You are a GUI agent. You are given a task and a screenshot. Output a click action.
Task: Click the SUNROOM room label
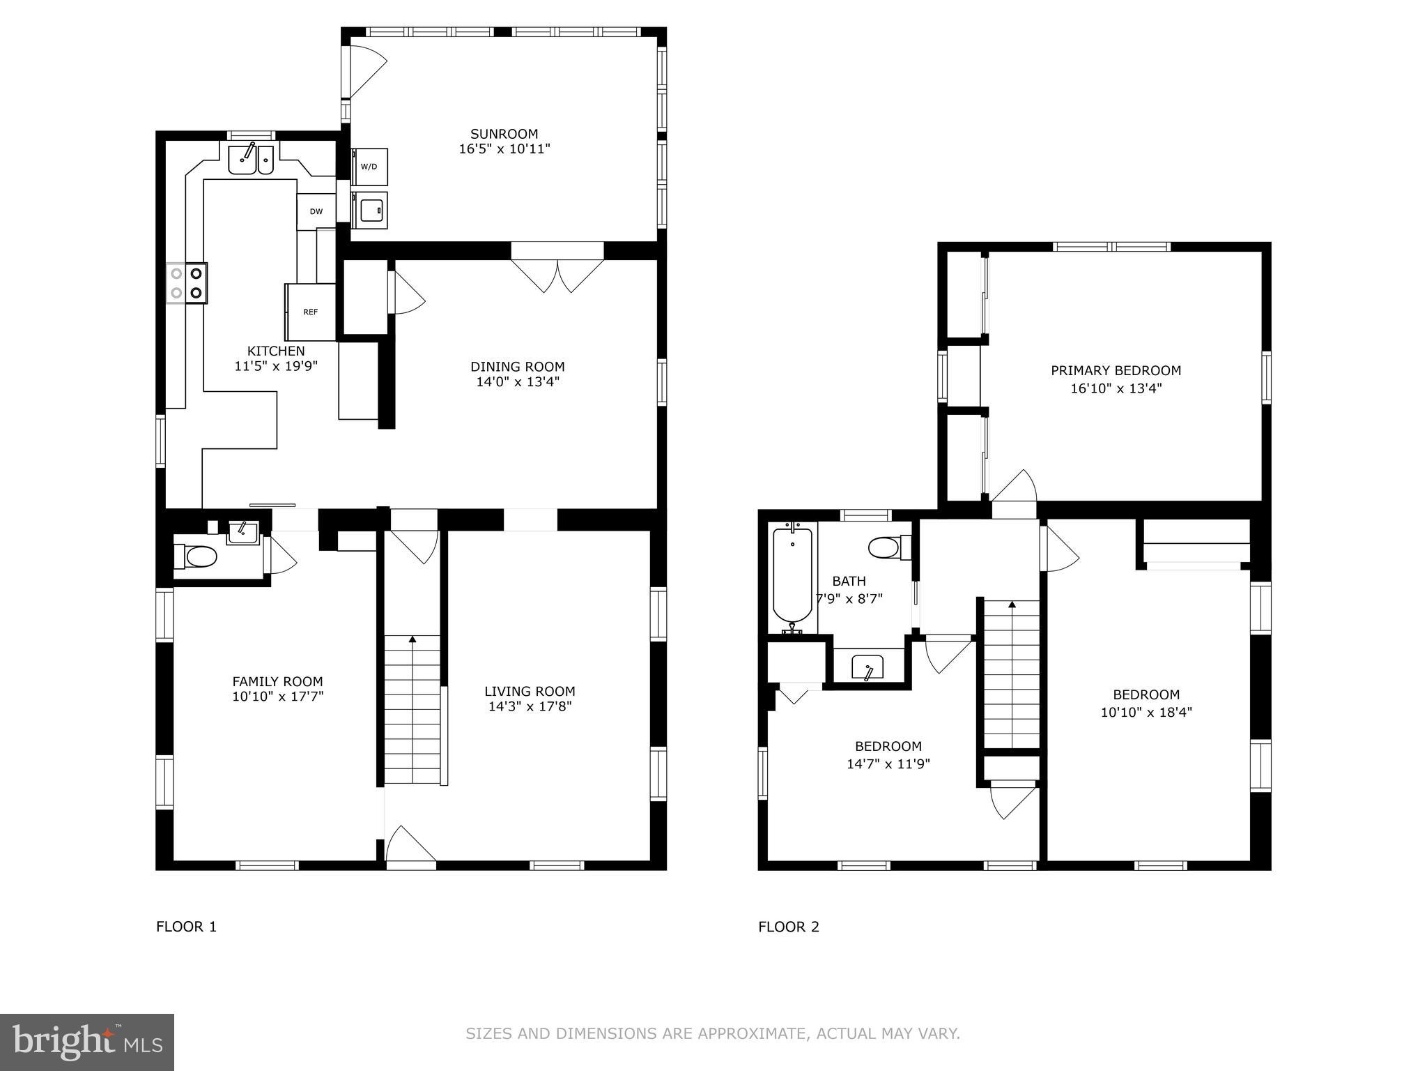(x=504, y=134)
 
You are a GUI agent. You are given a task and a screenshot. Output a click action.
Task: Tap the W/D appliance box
(x=369, y=167)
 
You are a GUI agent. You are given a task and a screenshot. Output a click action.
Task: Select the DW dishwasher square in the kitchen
(x=316, y=212)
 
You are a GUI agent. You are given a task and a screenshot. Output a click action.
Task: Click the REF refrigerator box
(x=311, y=312)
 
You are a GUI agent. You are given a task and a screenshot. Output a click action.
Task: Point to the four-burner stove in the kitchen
(x=187, y=282)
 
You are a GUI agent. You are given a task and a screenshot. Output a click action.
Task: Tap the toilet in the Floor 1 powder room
(x=196, y=556)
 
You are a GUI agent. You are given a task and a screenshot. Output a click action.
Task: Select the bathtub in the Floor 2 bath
(x=792, y=577)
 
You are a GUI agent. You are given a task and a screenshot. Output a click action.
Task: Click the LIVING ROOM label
(x=530, y=691)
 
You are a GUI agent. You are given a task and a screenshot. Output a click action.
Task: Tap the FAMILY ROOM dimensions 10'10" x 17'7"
(x=277, y=696)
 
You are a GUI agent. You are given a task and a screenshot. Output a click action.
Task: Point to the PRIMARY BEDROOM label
(x=1116, y=371)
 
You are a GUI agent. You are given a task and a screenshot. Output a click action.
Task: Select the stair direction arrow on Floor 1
(x=412, y=639)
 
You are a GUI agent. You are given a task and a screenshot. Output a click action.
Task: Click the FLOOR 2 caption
(x=789, y=927)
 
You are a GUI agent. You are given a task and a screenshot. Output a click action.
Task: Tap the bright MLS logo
(x=86, y=1042)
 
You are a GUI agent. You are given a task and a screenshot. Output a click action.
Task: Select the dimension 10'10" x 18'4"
(x=1146, y=712)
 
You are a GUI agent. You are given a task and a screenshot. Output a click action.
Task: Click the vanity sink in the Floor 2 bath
(x=868, y=667)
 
